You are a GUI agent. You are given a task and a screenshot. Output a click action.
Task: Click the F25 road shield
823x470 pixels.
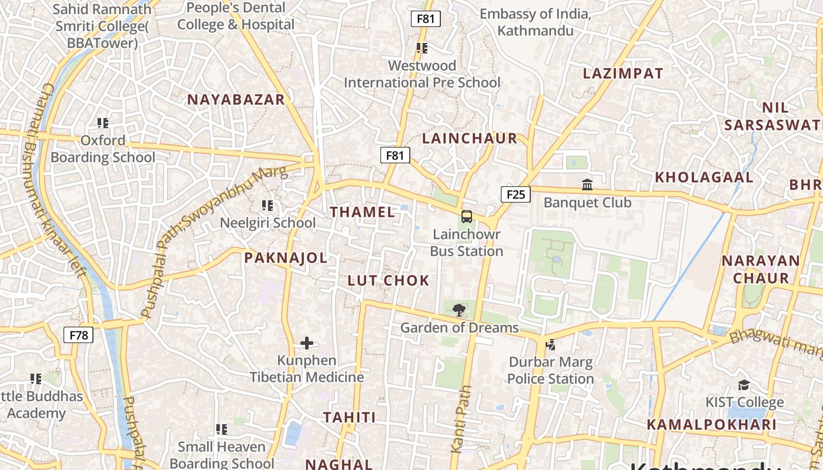pos(516,194)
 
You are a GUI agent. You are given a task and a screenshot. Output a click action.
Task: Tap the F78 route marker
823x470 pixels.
pos(78,335)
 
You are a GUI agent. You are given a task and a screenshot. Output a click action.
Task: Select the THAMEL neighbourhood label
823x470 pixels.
pos(363,212)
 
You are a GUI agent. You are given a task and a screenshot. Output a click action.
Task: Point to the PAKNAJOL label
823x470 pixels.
pos(286,257)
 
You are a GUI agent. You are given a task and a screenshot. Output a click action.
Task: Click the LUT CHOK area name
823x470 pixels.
pos(389,280)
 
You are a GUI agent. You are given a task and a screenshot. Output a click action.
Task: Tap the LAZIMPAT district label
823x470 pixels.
pos(623,73)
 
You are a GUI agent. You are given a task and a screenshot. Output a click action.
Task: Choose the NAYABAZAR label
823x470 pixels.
pos(236,99)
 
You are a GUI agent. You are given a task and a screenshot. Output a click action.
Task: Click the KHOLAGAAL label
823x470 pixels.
pos(704,177)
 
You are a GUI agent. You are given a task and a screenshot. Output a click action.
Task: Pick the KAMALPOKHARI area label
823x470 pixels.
pos(712,424)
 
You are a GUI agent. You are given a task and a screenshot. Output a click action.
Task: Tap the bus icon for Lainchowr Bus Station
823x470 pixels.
pos(467,217)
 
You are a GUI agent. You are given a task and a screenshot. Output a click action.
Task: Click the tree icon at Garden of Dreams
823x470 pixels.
pos(459,310)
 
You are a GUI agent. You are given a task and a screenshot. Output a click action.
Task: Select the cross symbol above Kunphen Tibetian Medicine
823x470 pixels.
pos(307,343)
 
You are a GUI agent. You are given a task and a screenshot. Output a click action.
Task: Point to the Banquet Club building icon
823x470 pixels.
pos(587,185)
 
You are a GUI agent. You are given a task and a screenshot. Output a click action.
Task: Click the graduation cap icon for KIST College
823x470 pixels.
pos(744,385)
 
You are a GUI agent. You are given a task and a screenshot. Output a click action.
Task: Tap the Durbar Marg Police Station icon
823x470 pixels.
pos(551,344)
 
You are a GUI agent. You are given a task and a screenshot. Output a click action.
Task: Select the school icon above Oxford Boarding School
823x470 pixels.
pos(103,123)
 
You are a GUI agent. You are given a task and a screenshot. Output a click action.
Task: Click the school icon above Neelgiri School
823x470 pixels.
pos(267,206)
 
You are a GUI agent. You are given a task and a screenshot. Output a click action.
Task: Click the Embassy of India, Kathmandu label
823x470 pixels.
pos(535,22)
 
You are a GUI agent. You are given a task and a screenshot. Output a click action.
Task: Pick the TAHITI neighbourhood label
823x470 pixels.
pos(349,417)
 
